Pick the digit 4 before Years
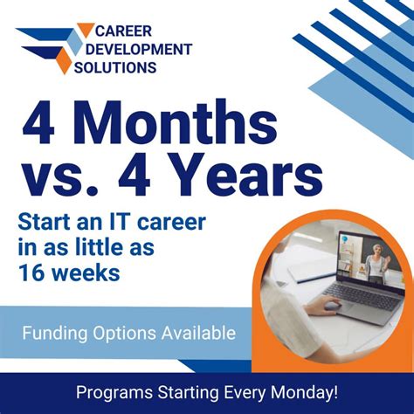point(163,178)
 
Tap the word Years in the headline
point(258,178)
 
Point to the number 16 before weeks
point(31,274)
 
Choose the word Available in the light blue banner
point(193,333)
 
